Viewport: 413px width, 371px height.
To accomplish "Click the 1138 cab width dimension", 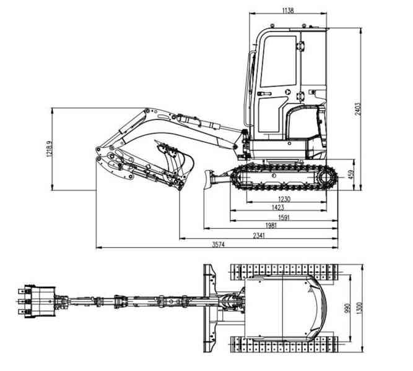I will pos(287,11).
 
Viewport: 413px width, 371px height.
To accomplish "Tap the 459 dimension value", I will pos(350,175).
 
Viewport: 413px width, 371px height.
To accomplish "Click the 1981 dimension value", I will pos(270,226).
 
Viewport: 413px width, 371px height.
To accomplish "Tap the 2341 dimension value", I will pos(260,236).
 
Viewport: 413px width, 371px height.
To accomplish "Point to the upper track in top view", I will pos(285,271).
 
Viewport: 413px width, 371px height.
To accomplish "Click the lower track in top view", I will pos(285,344).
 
